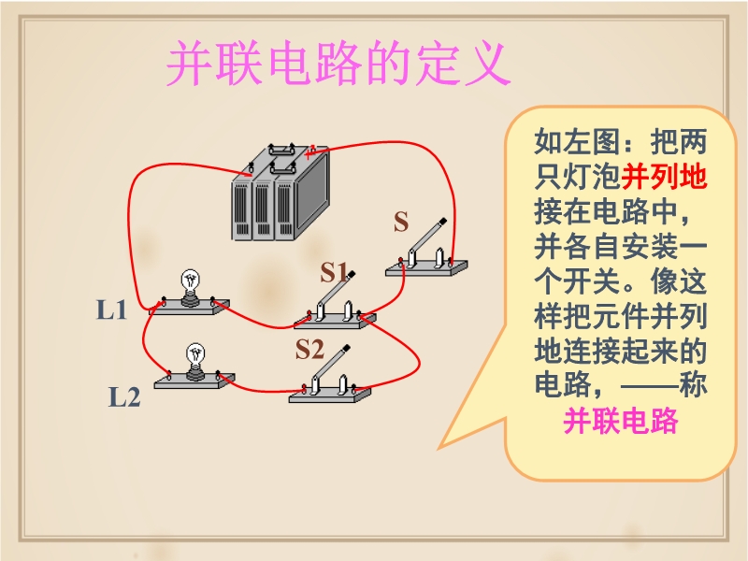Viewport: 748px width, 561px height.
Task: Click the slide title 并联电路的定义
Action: (338, 63)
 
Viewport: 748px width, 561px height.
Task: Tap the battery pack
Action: (280, 192)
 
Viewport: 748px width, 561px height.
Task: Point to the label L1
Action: (111, 309)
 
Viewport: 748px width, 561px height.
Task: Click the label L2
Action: (124, 396)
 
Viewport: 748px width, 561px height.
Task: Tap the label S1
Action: (335, 272)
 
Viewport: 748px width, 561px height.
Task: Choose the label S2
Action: (309, 349)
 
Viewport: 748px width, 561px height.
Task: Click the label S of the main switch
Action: (401, 222)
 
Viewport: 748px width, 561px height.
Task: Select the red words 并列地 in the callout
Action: (664, 177)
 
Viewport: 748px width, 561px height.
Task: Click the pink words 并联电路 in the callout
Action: (620, 421)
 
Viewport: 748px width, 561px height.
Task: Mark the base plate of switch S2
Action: (330, 395)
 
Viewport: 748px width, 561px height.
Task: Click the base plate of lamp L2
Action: (194, 381)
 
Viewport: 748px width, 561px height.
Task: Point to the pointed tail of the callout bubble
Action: (439, 449)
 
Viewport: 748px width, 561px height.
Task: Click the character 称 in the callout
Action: (693, 385)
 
